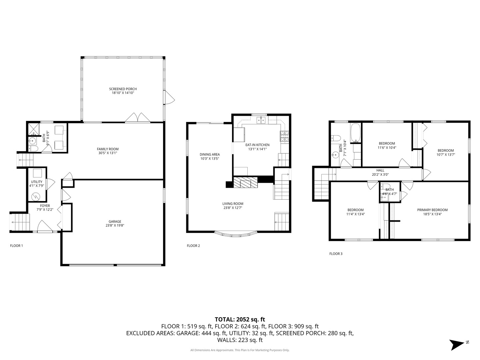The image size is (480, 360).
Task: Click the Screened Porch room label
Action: click(x=123, y=89)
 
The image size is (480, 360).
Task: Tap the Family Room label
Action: click(x=108, y=149)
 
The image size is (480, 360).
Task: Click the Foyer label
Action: click(x=45, y=206)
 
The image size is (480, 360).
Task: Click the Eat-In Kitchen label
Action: click(x=257, y=145)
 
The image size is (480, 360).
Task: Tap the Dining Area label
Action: click(x=210, y=154)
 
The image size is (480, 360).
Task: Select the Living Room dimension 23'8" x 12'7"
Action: click(x=233, y=208)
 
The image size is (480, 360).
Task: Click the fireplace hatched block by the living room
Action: click(x=245, y=182)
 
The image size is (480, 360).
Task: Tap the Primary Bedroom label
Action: click(x=432, y=210)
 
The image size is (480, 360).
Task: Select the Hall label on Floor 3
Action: click(x=380, y=170)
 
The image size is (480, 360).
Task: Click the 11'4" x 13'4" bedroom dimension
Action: click(x=355, y=214)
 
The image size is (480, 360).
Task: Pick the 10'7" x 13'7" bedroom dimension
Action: click(x=446, y=155)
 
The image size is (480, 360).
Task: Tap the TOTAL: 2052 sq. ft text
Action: click(x=240, y=319)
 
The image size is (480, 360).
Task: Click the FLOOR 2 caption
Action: click(x=193, y=246)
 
